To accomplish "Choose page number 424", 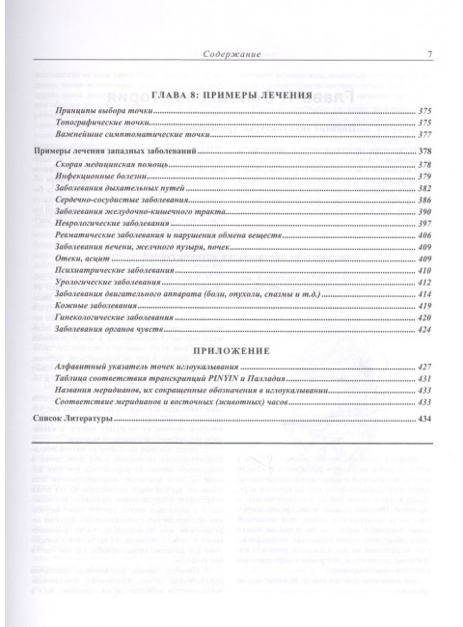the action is pyautogui.click(x=424, y=360).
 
